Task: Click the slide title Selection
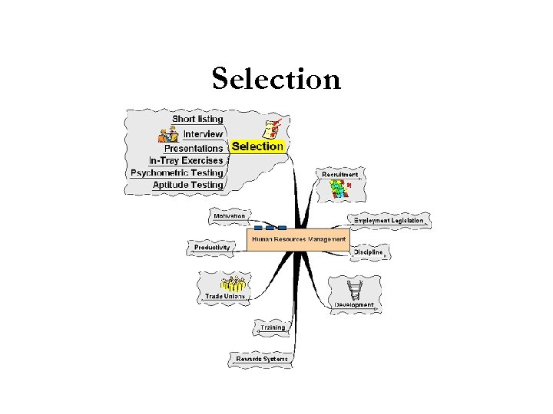pos(276,78)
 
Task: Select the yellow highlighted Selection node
pos(257,146)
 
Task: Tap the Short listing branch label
pos(197,119)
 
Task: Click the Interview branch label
pos(203,133)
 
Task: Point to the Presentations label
pos(194,148)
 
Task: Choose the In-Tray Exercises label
pos(186,160)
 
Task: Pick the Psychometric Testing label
pos(177,172)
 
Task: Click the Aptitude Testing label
pos(187,185)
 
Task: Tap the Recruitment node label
pos(339,174)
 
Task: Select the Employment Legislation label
pos(388,221)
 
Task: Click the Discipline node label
pos(368,252)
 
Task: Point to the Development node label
pos(354,305)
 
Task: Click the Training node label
pos(272,327)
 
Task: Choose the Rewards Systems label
pos(261,359)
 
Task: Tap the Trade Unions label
pos(224,296)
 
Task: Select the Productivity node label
pos(212,248)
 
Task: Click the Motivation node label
pos(229,215)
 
